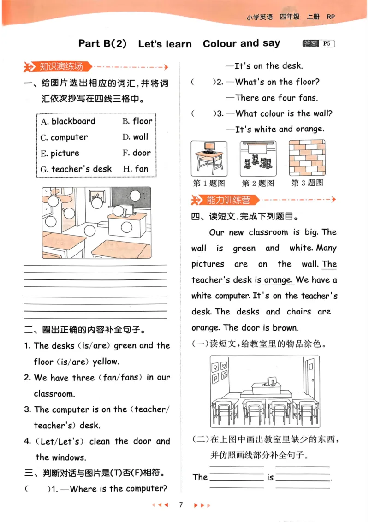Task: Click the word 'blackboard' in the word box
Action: pyautogui.click(x=73, y=121)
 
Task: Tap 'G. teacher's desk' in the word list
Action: pyautogui.click(x=76, y=169)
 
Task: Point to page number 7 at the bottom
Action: pyautogui.click(x=181, y=505)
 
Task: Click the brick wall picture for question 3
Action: pyautogui.click(x=307, y=157)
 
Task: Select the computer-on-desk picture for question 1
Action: pyautogui.click(x=209, y=158)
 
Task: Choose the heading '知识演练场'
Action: pyautogui.click(x=61, y=67)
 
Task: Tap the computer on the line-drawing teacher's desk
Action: pyautogui.click(x=271, y=381)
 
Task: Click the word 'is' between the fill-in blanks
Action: pyautogui.click(x=270, y=478)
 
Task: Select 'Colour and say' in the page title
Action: pyautogui.click(x=241, y=44)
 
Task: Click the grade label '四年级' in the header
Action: pyautogui.click(x=289, y=17)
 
